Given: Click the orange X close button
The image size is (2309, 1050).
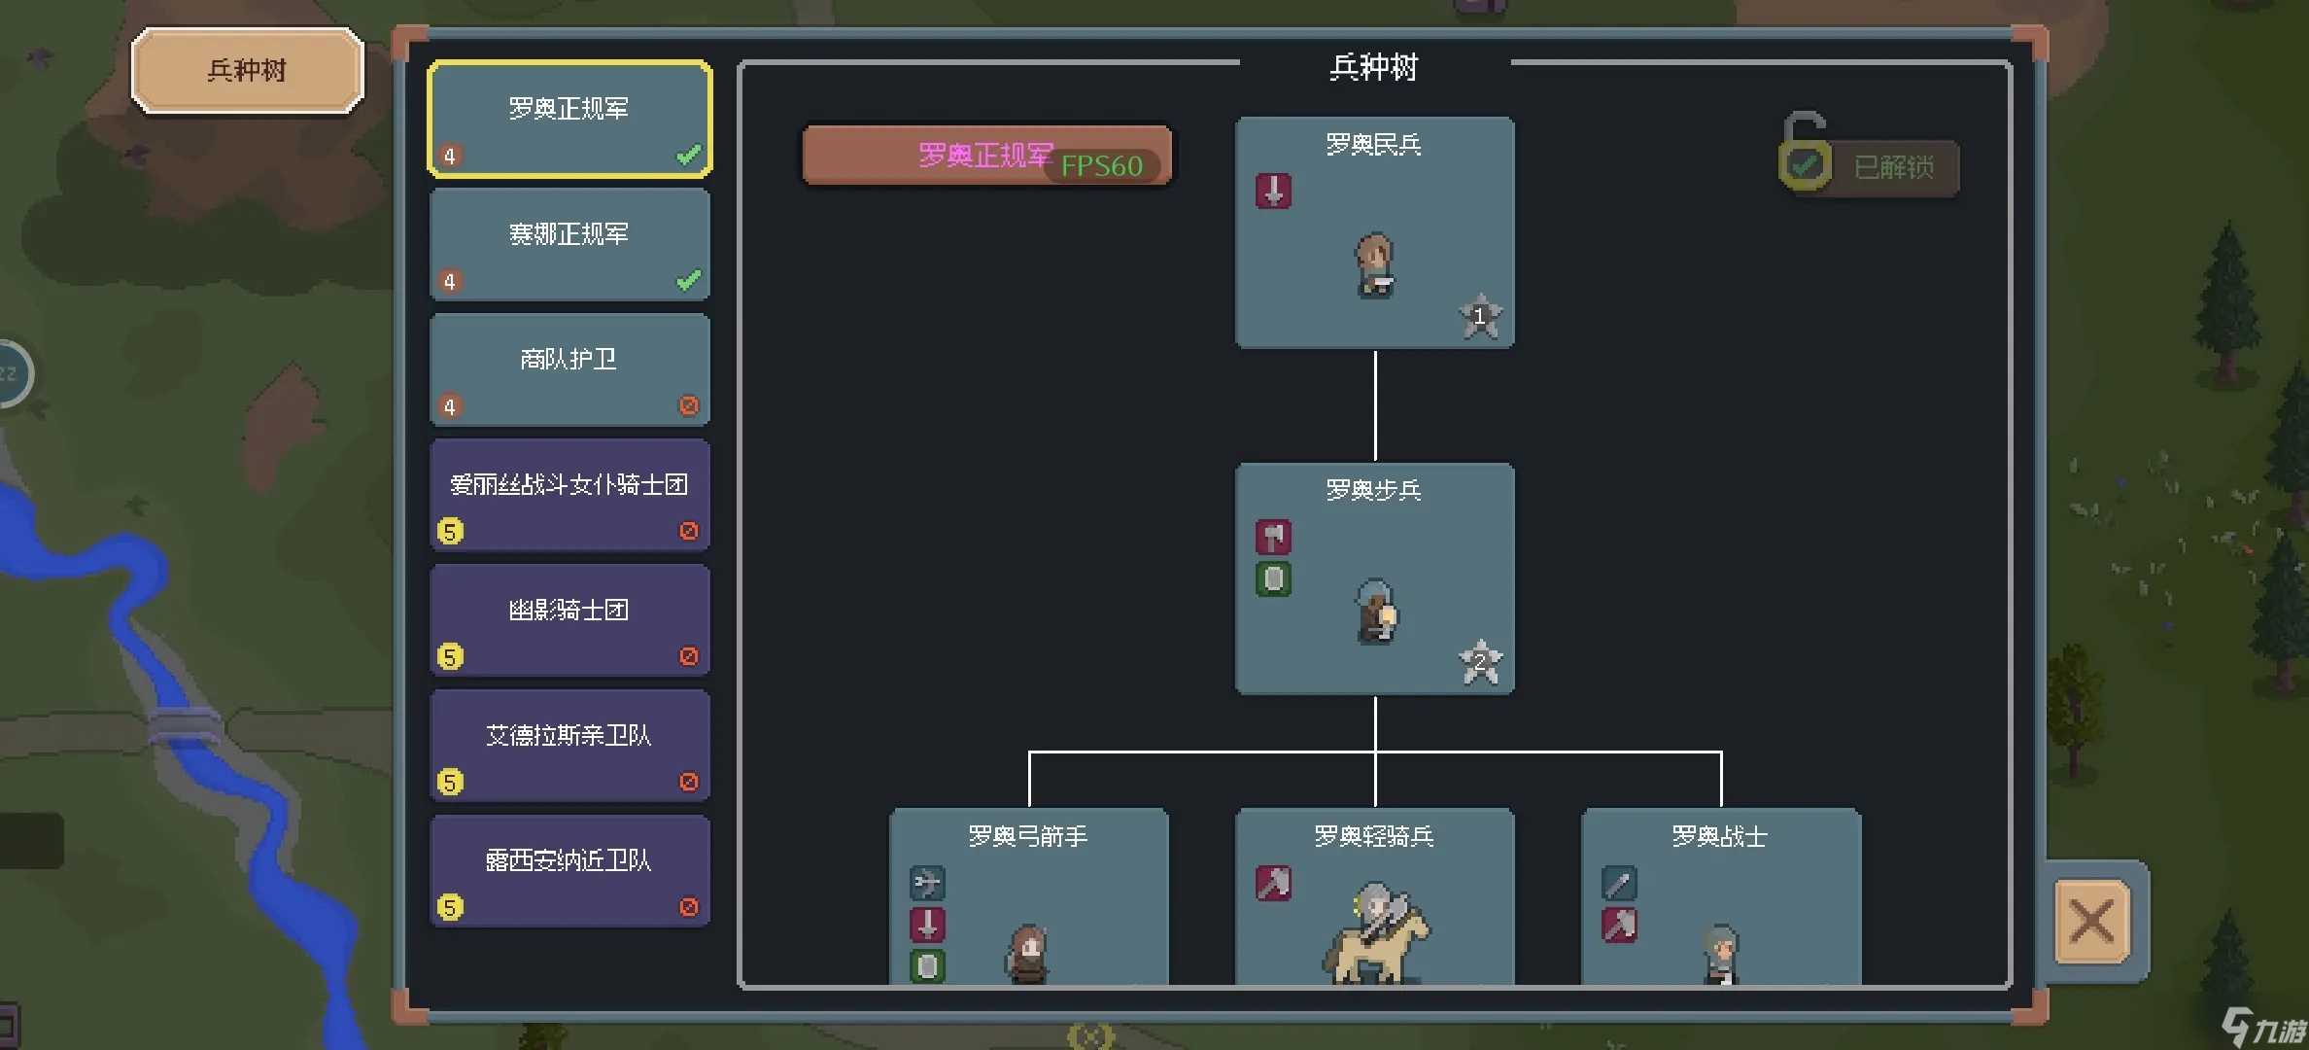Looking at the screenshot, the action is click(x=2091, y=921).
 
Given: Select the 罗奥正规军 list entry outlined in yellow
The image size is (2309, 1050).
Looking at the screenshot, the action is click(x=569, y=119).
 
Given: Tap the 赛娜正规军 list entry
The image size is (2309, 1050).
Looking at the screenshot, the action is click(x=569, y=244).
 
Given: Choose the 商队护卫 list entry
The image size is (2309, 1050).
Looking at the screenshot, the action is click(x=569, y=369).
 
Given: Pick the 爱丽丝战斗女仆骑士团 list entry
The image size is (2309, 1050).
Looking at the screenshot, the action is click(x=569, y=495).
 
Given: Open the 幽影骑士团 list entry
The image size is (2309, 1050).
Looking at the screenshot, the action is click(x=569, y=620).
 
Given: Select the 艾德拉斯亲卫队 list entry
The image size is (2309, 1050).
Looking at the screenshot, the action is click(x=569, y=746).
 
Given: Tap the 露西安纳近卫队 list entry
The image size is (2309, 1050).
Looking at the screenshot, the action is click(x=569, y=871).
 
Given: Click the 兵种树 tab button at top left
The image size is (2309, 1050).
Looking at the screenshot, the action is click(x=247, y=70).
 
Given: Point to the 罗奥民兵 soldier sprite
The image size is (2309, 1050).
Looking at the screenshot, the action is click(x=1374, y=264).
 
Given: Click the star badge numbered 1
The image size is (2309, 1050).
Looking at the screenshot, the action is click(x=1480, y=316).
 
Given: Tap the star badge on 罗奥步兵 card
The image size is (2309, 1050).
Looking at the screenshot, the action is click(x=1480, y=662).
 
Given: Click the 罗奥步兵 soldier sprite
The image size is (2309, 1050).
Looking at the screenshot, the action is click(x=1376, y=611).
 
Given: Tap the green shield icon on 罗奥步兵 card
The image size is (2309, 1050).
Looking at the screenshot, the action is click(x=1273, y=579).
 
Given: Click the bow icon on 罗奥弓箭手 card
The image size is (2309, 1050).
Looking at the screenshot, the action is click(x=927, y=883).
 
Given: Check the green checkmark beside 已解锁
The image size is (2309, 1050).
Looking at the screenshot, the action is click(x=1805, y=165).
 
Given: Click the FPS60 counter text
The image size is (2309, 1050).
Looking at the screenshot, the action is click(x=1101, y=166).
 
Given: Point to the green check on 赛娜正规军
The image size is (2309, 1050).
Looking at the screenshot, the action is click(x=688, y=281).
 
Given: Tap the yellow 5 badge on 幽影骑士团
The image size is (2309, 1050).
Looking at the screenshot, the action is click(x=450, y=657).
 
